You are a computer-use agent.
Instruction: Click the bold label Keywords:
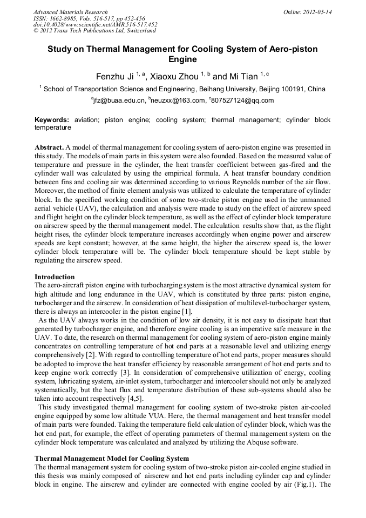[52, 120]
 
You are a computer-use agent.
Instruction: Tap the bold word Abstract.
[49, 147]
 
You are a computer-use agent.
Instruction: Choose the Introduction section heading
[55, 277]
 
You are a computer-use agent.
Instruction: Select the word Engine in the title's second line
[182, 59]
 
